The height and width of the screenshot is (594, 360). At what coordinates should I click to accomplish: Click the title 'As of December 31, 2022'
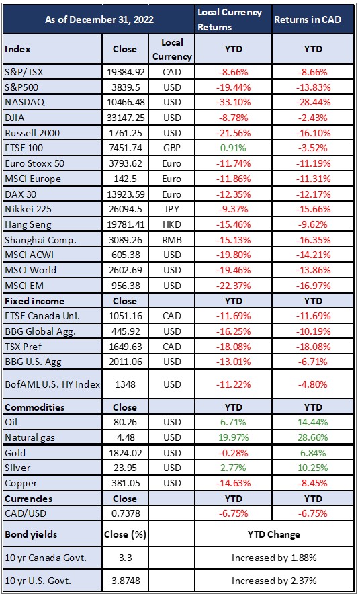[99, 19]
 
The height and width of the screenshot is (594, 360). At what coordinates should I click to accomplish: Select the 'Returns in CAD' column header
[308, 19]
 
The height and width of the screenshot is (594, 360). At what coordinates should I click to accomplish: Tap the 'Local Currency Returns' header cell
[230, 19]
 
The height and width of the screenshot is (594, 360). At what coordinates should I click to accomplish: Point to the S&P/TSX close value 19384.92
[126, 73]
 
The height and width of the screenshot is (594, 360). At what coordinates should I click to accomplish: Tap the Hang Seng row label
[28, 224]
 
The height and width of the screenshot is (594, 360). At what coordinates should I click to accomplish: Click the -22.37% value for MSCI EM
[234, 286]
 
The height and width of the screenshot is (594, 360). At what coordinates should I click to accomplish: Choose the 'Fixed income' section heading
[34, 301]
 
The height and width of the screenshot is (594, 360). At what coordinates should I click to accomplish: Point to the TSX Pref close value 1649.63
[126, 347]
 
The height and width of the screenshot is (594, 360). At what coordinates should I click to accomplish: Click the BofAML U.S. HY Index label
[52, 384]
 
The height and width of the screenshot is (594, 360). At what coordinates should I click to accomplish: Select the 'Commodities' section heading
[34, 407]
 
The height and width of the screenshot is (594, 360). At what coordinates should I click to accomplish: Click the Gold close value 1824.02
[126, 453]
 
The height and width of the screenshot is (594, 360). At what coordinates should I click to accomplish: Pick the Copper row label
[17, 483]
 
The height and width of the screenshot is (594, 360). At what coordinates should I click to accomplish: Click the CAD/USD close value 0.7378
[126, 513]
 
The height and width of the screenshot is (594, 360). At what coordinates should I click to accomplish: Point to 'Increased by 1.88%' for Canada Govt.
[274, 558]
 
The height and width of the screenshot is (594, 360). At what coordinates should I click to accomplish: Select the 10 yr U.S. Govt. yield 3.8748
[126, 581]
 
